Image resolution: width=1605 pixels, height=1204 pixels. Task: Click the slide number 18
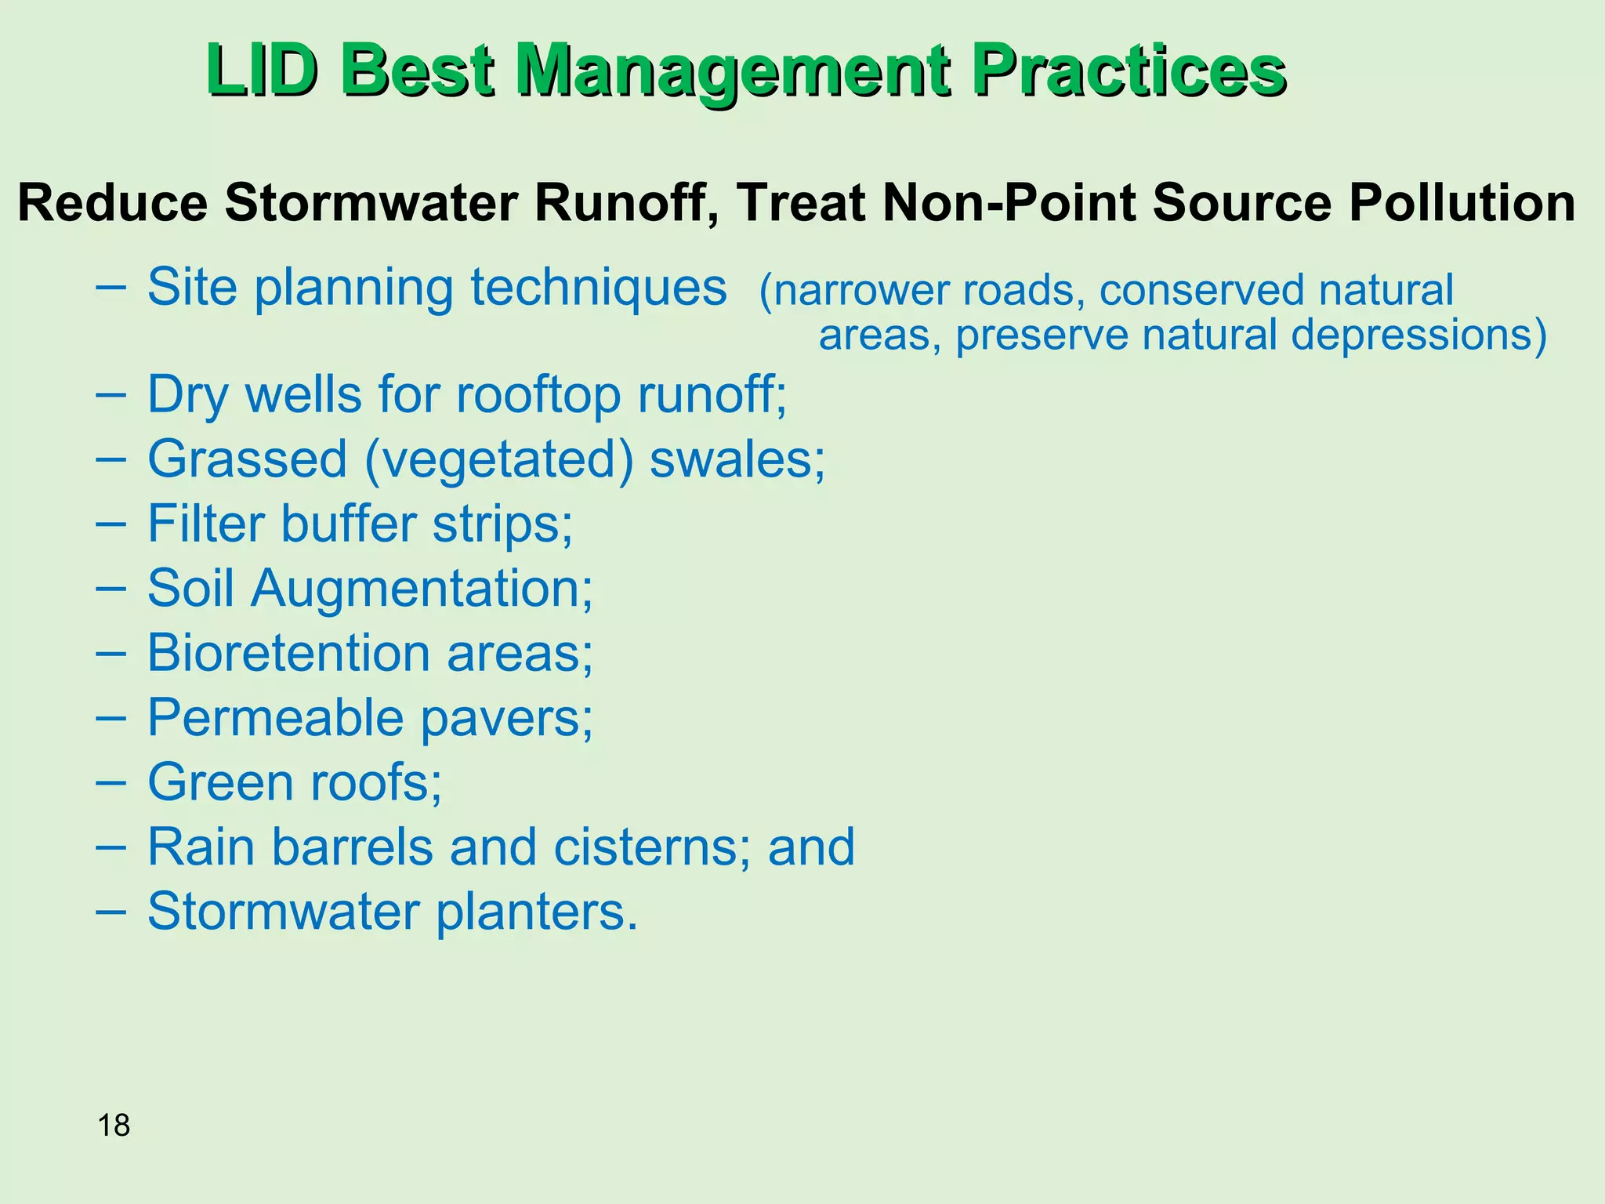click(x=114, y=1126)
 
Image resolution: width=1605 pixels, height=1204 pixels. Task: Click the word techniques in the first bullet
click(x=599, y=288)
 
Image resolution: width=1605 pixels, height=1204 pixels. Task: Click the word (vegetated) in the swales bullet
click(x=499, y=459)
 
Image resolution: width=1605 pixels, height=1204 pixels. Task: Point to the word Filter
click(x=206, y=524)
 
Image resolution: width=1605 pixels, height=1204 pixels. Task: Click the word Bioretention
click(x=288, y=653)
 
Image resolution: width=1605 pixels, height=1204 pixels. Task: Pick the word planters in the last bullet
click(x=537, y=912)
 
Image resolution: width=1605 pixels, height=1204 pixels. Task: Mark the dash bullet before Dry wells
click(x=110, y=393)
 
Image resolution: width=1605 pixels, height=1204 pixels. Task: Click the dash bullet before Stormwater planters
click(x=110, y=911)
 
